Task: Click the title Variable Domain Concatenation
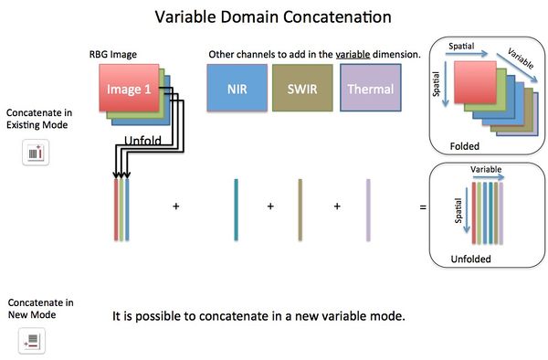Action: pos(273,17)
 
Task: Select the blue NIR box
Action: pos(236,90)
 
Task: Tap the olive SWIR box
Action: pos(302,90)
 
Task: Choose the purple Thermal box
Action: pos(370,90)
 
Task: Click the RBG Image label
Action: pos(114,56)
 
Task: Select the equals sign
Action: pos(422,207)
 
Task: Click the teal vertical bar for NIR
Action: pos(236,207)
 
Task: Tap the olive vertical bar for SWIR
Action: pos(300,207)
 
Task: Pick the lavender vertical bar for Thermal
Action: pos(368,207)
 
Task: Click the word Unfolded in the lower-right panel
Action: pos(470,259)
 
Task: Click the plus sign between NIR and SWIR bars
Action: pos(270,207)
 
